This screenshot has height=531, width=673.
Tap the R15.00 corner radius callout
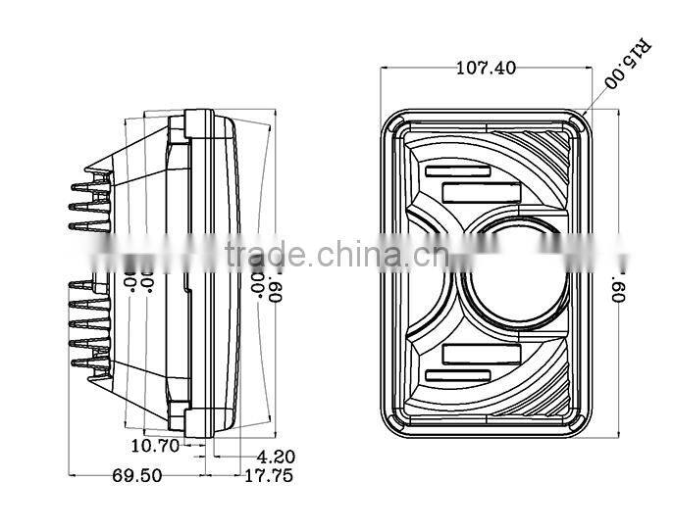point(625,64)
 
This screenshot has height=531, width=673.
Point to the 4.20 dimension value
point(276,456)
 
